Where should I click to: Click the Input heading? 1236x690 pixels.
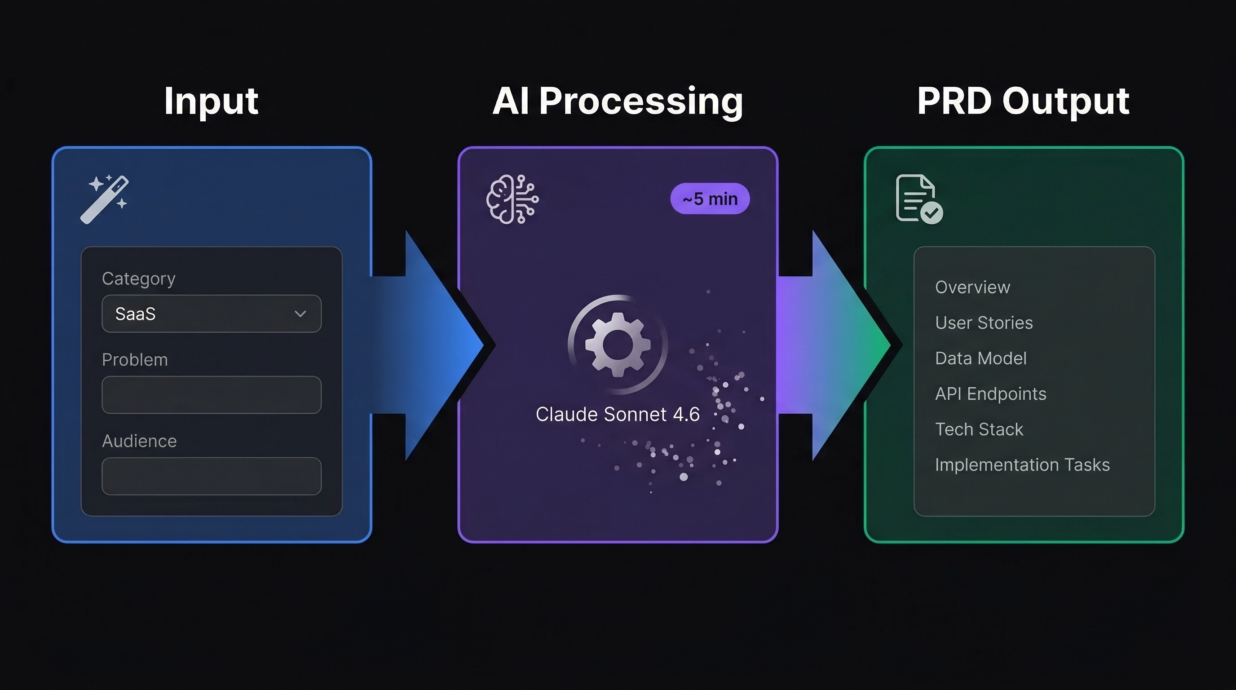coord(211,101)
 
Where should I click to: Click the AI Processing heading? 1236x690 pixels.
coord(618,101)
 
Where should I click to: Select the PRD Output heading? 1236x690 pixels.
coord(1023,101)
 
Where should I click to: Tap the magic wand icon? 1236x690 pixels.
coord(105,199)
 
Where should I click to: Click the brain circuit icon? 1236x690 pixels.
coord(512,199)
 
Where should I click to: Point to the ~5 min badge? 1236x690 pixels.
coord(710,199)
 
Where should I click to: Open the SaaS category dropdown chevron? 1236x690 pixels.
coord(300,314)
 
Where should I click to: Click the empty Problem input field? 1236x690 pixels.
coord(211,395)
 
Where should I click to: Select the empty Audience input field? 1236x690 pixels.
coord(211,476)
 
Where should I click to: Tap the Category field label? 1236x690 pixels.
coord(139,279)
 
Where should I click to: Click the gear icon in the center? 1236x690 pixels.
coord(618,345)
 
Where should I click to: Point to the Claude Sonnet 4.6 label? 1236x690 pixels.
coord(618,415)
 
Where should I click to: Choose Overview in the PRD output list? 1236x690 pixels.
coord(972,287)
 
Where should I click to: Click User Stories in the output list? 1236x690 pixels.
coord(984,323)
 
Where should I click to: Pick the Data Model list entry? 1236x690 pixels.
coord(981,358)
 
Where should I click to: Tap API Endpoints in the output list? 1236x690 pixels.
coord(990,394)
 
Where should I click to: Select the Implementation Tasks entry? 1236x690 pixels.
coord(1022,465)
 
